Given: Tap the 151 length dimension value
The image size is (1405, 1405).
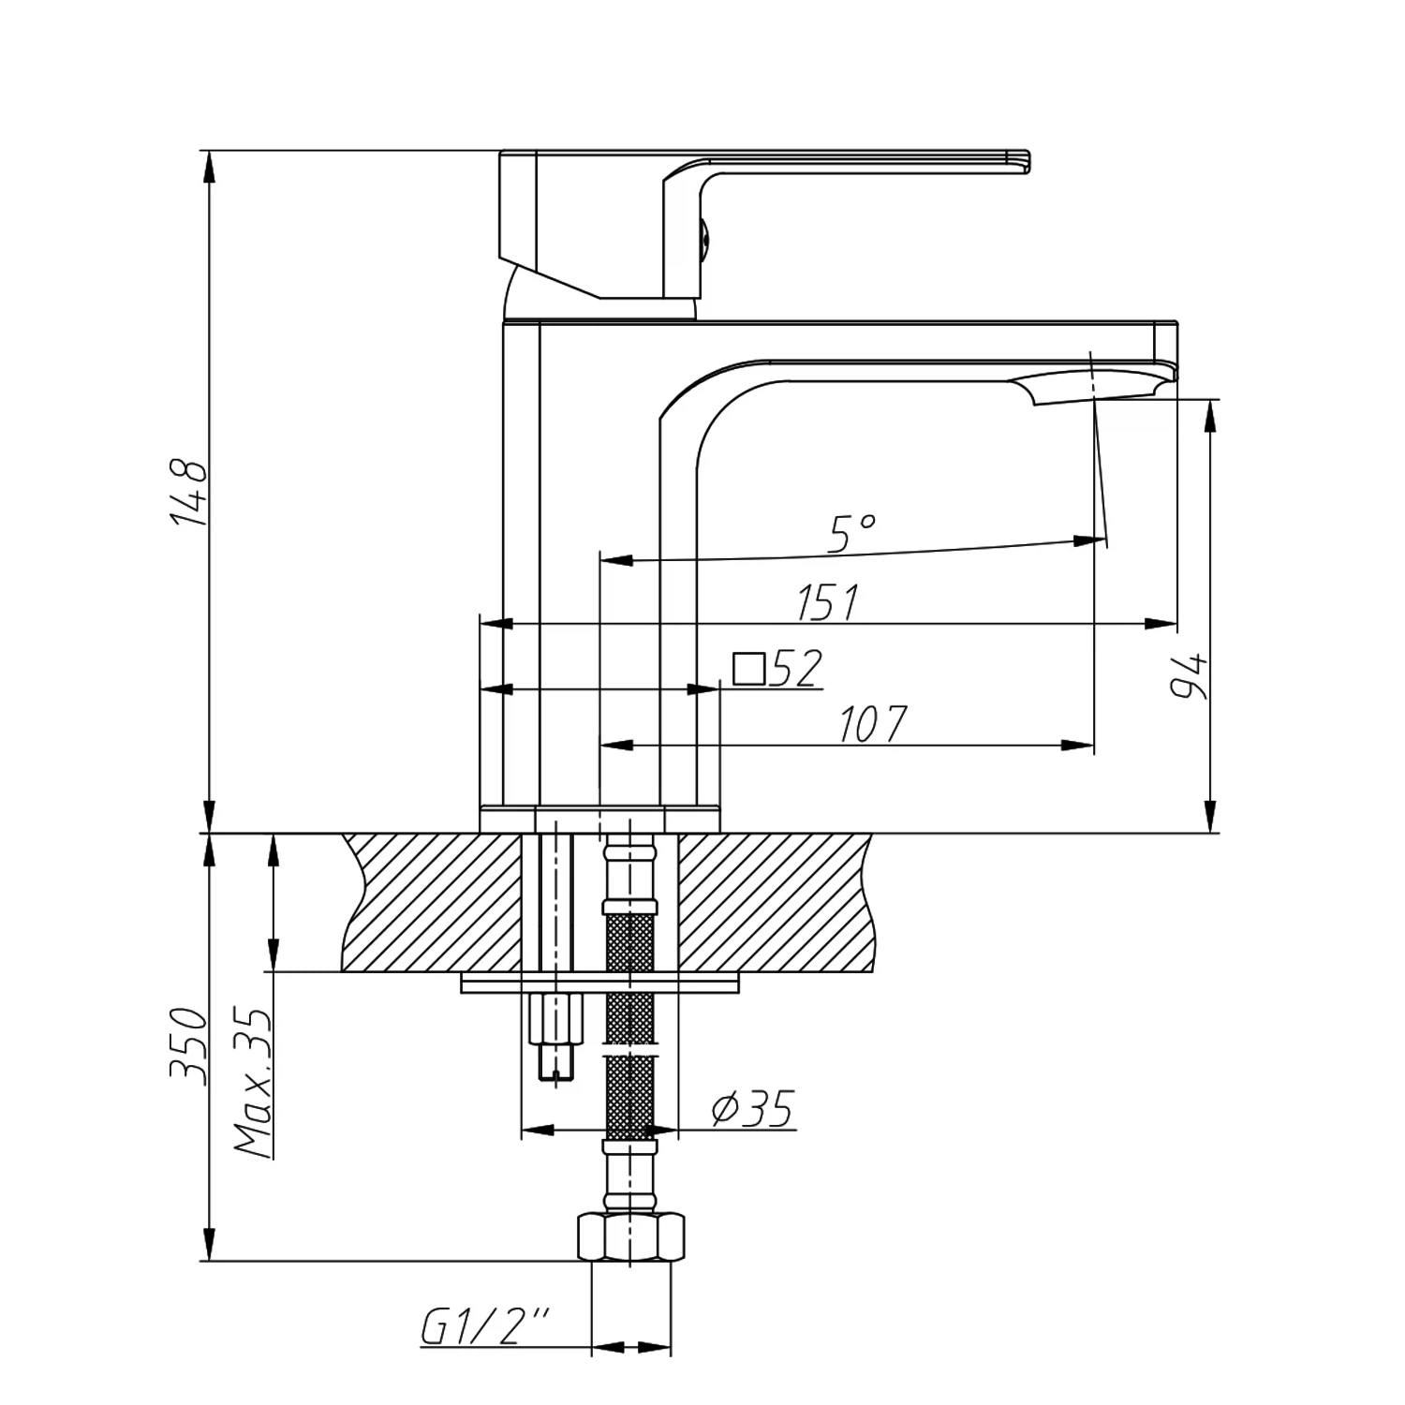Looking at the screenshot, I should point(828,602).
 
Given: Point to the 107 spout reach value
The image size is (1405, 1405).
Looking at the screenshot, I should point(872,724).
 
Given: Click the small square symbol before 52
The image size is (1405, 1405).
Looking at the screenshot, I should point(748,669).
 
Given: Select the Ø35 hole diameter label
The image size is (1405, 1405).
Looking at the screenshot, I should point(752,1109).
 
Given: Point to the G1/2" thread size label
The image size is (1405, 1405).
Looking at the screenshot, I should point(484,1327).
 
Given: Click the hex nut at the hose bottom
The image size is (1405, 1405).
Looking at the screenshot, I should point(630,1238).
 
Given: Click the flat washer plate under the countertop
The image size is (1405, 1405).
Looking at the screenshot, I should point(599,983).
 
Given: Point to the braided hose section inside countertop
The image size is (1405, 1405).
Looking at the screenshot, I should point(630,941).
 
